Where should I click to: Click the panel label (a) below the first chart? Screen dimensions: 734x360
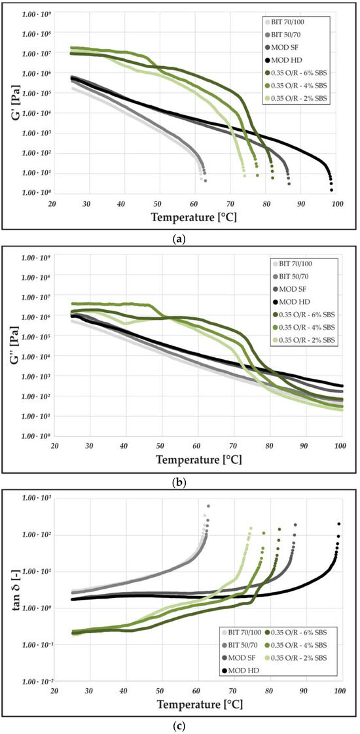coord(179,239)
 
